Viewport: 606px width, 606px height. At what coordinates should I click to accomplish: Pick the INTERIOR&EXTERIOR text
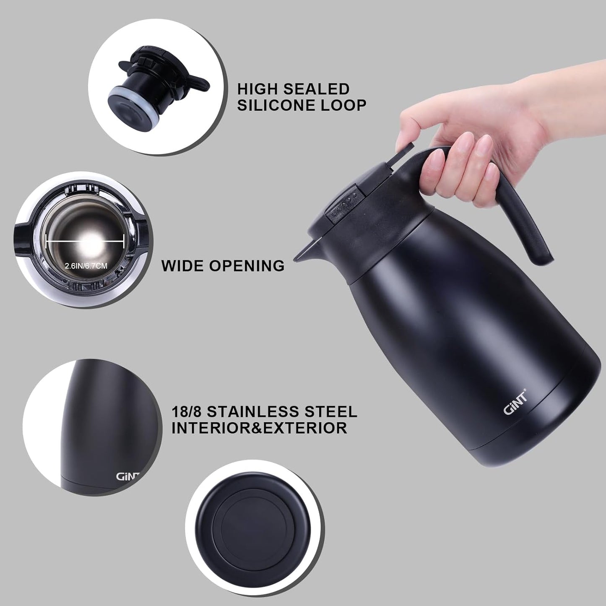tap(259, 428)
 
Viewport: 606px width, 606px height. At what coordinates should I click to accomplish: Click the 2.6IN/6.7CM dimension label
tap(86, 266)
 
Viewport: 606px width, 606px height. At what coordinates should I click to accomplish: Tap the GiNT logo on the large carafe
tap(515, 403)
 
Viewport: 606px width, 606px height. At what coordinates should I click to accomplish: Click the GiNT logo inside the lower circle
tap(127, 476)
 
